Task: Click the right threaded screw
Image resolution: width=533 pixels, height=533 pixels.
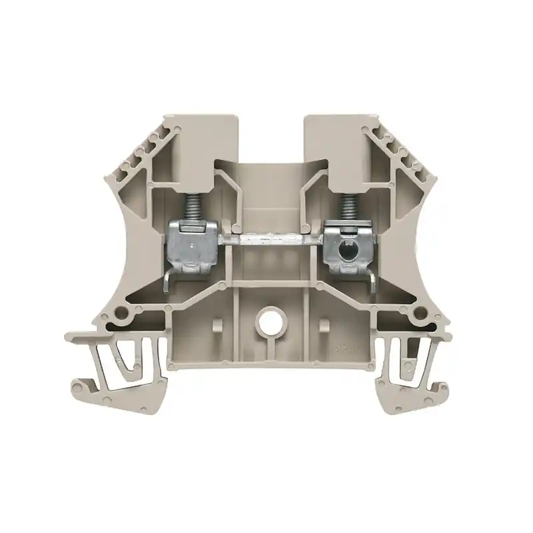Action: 345,204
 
